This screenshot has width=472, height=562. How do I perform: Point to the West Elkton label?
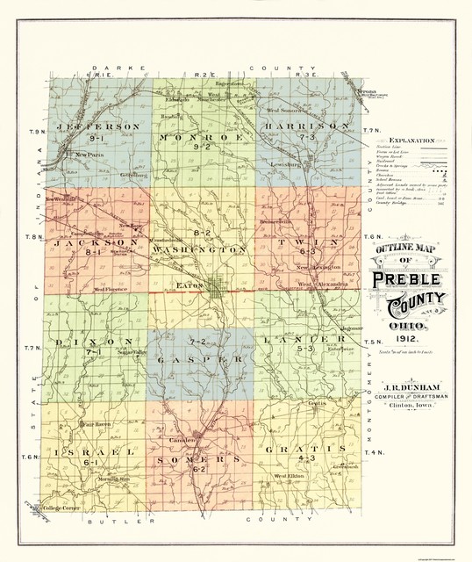tap(289, 477)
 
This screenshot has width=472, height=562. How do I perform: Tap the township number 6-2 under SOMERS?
tap(200, 470)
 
